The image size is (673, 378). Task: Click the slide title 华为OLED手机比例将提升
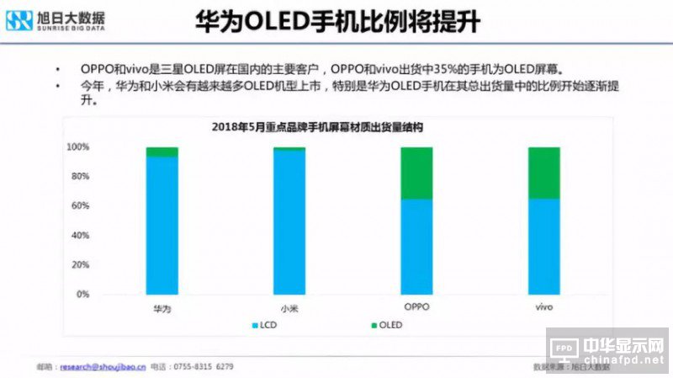pyautogui.click(x=337, y=22)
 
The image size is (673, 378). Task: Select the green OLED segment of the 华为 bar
pyautogui.click(x=162, y=152)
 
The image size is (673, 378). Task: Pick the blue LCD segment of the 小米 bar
pyautogui.click(x=289, y=222)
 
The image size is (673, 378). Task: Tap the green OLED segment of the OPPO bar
pyautogui.click(x=416, y=173)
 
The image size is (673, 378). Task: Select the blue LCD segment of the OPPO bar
pyautogui.click(x=416, y=247)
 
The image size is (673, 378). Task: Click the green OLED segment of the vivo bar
pyautogui.click(x=543, y=173)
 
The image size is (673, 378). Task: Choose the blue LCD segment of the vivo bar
pyautogui.click(x=543, y=247)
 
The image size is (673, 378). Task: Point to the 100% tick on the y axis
pyautogui.click(x=78, y=147)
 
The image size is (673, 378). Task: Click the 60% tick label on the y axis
pyautogui.click(x=80, y=206)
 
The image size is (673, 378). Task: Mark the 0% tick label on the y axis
pyautogui.click(x=82, y=295)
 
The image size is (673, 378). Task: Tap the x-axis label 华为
pyautogui.click(x=162, y=309)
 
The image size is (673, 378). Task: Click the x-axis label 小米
pyautogui.click(x=289, y=309)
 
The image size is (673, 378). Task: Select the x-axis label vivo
pyautogui.click(x=543, y=307)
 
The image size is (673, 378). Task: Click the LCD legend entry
pyautogui.click(x=262, y=324)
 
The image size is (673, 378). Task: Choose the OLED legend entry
pyautogui.click(x=386, y=324)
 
